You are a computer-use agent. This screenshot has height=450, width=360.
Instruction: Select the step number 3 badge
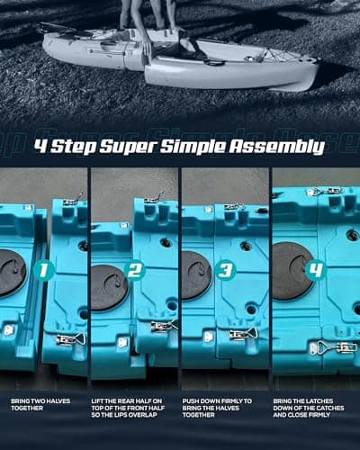(x=226, y=267)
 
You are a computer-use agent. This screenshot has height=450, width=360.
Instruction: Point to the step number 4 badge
(x=315, y=267)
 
